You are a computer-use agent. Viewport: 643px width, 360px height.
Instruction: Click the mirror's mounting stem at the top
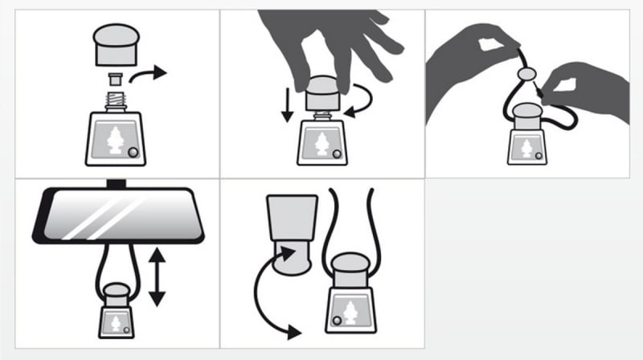(x=117, y=184)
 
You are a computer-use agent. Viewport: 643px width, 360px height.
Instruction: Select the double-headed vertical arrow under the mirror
(x=157, y=277)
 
